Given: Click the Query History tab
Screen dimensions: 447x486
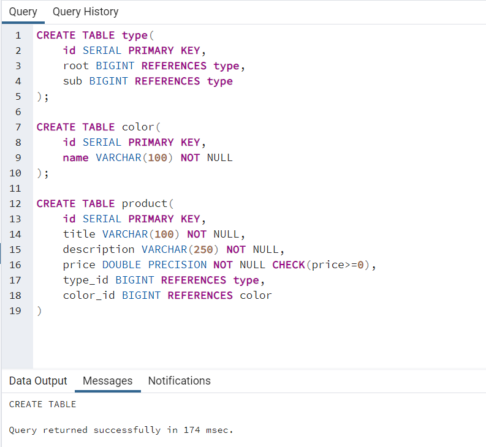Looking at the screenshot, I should pyautogui.click(x=85, y=12).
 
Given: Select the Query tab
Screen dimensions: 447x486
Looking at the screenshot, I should pyautogui.click(x=23, y=12).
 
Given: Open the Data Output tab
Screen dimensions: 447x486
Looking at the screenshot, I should pyautogui.click(x=38, y=381).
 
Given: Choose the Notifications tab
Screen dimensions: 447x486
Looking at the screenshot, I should pyautogui.click(x=179, y=381).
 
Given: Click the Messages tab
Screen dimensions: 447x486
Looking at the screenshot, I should pyautogui.click(x=107, y=381).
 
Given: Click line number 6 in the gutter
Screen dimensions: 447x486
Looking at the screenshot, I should pyautogui.click(x=18, y=112).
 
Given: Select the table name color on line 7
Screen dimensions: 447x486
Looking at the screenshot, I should pyautogui.click(x=138, y=127).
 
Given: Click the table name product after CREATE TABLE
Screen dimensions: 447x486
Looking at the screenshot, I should pyautogui.click(x=144, y=204).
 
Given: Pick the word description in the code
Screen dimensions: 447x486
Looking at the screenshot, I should pyautogui.click(x=99, y=250).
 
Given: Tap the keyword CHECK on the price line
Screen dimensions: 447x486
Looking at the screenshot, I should pyautogui.click(x=288, y=265).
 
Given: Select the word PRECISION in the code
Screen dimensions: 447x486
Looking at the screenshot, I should pyautogui.click(x=177, y=265).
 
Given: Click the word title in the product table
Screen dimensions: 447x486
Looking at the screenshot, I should pyautogui.click(x=79, y=235).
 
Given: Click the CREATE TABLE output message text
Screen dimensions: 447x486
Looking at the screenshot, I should pyautogui.click(x=42, y=404).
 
